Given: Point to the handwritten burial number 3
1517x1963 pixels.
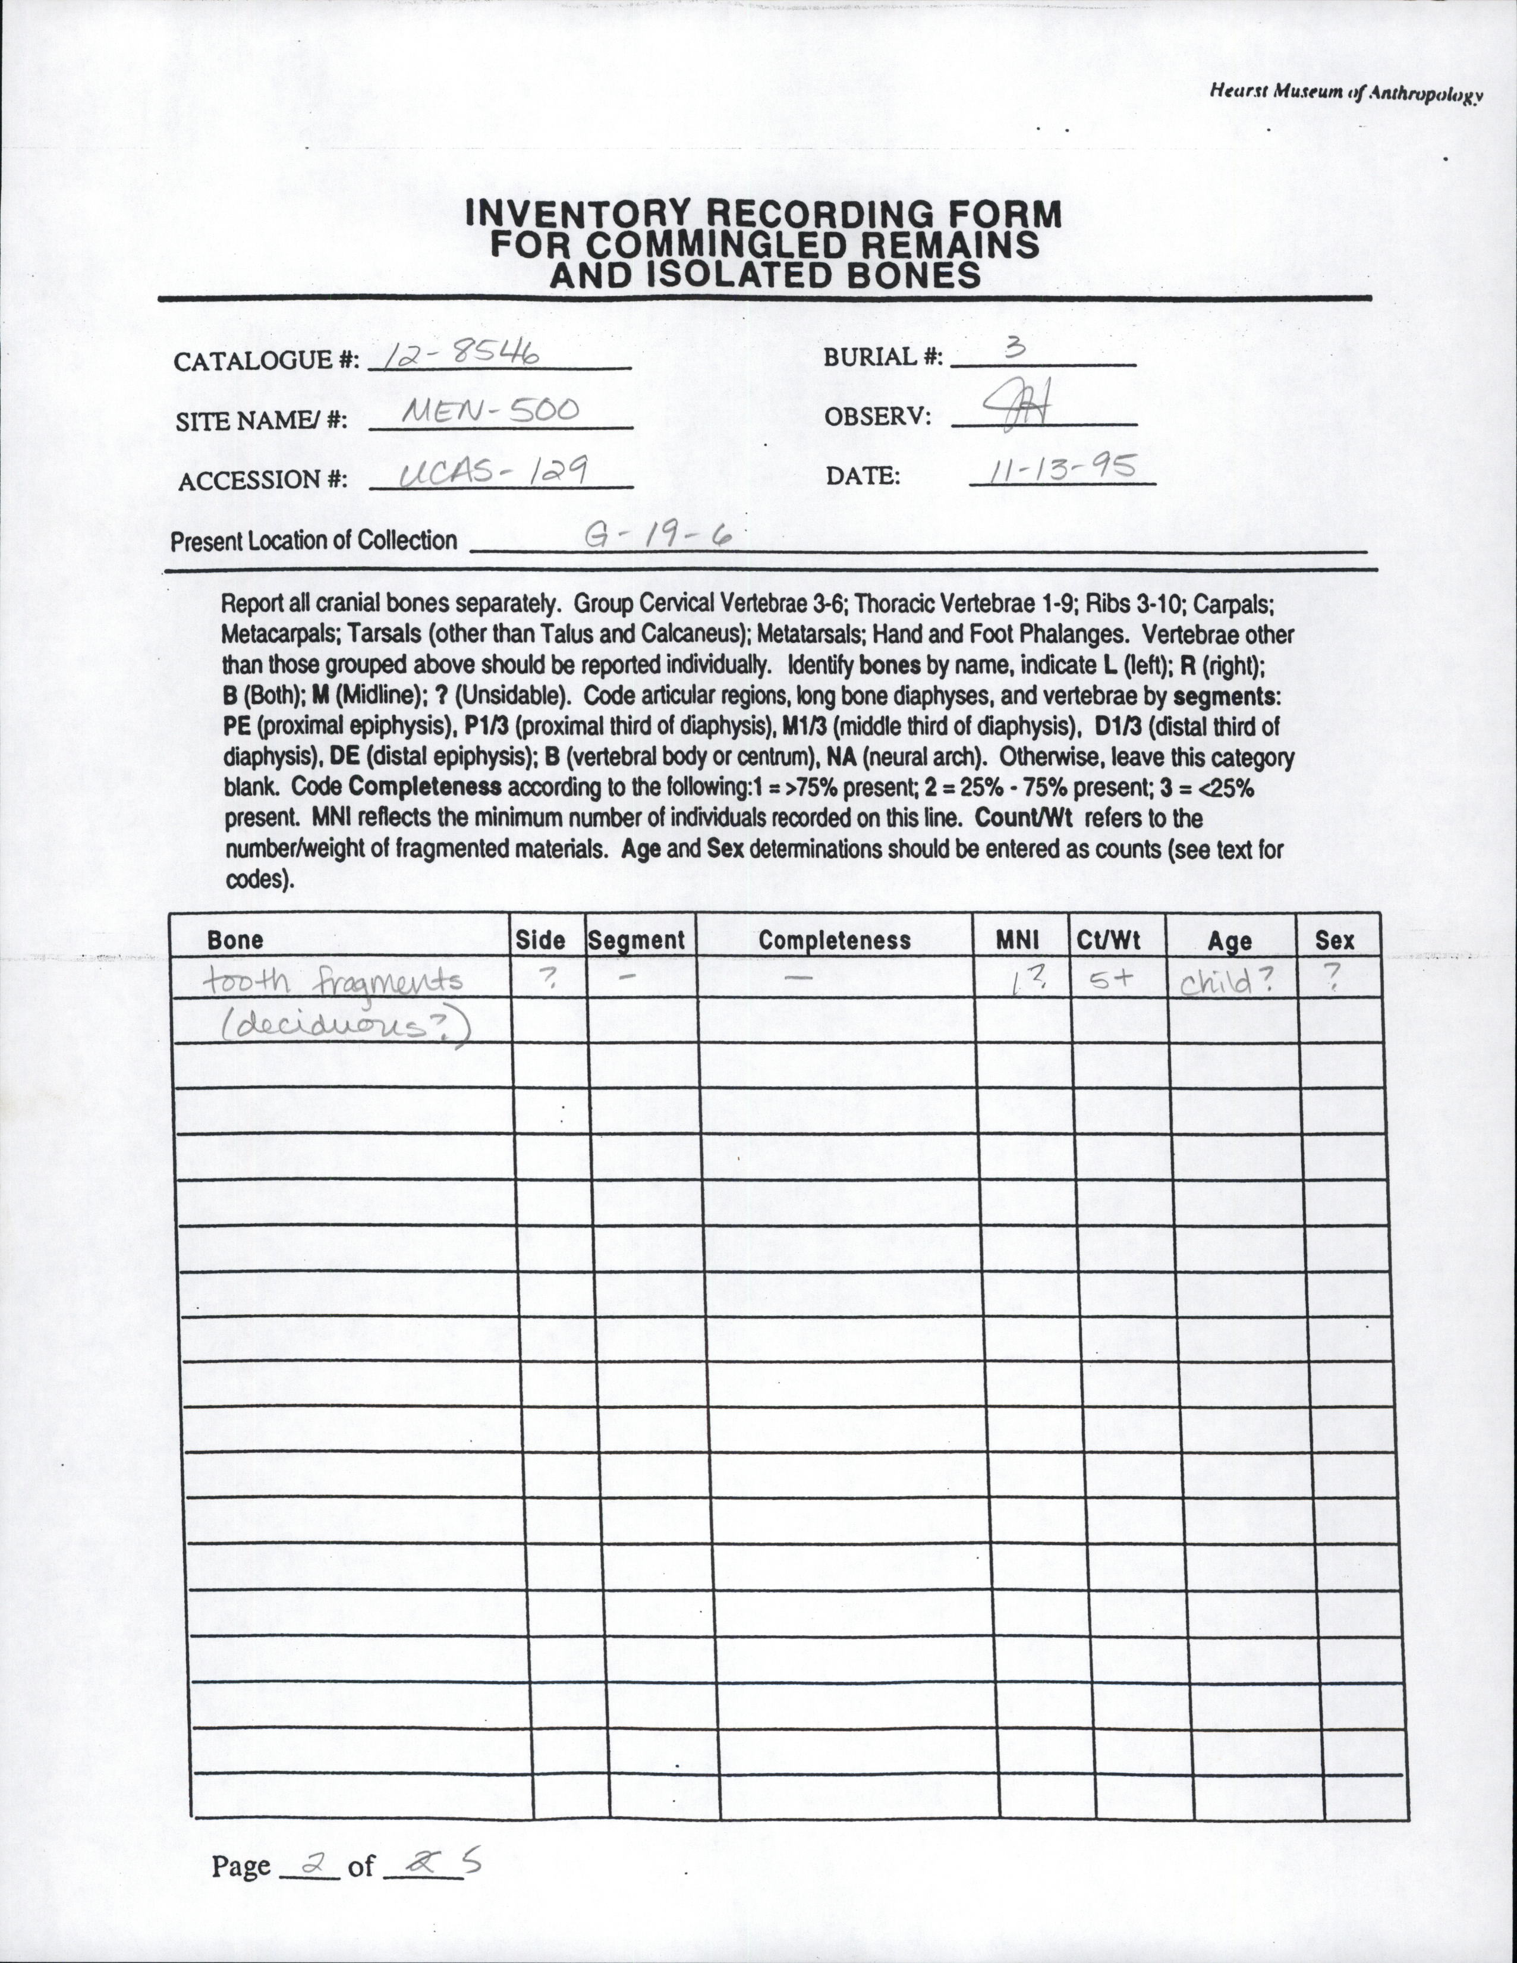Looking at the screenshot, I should pyautogui.click(x=1015, y=350).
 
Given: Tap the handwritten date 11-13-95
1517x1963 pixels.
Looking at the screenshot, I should pyautogui.click(x=1060, y=468).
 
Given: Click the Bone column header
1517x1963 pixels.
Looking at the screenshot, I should pyautogui.click(x=235, y=940).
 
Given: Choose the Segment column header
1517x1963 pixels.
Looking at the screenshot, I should pyautogui.click(x=636, y=940).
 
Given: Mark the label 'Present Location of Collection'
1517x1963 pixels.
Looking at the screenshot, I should pyautogui.click(x=314, y=541).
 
